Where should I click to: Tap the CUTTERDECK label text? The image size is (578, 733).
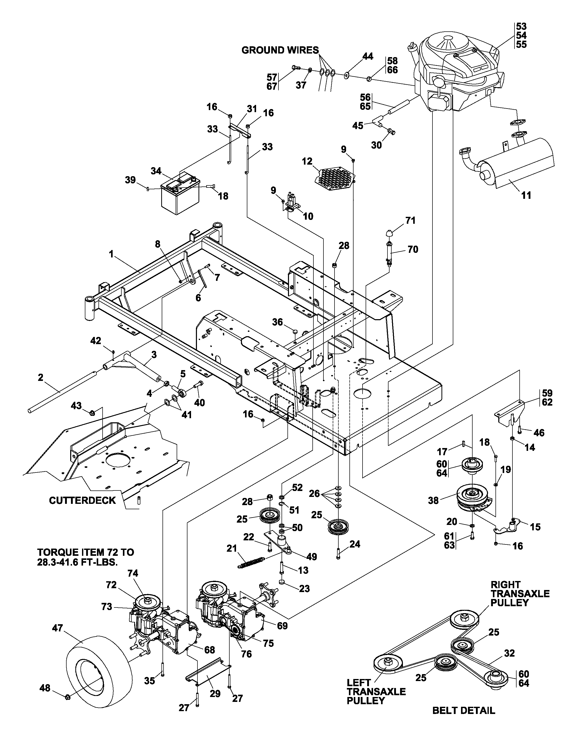82,500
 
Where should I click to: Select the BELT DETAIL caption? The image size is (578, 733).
464,710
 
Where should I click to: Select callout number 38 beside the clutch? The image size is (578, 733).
433,500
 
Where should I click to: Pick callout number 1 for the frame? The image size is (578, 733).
111,254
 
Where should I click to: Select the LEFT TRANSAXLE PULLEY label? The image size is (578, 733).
376,691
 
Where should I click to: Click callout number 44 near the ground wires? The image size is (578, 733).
368,56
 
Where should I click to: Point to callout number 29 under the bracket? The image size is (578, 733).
215,694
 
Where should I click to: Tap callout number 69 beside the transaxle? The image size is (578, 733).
282,626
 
